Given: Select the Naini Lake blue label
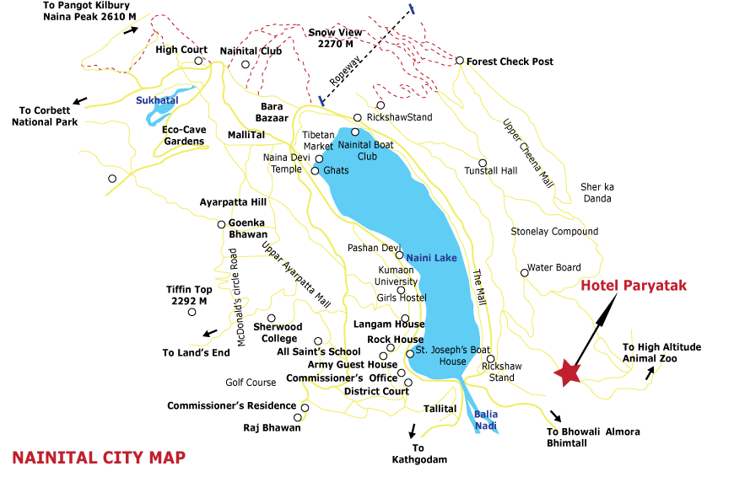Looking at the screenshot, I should tap(431, 258).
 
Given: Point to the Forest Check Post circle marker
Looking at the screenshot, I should tap(460, 61).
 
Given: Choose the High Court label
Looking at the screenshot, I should tap(181, 50).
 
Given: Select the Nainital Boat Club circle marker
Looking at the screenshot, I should tap(355, 131).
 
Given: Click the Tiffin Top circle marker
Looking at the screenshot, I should tap(192, 313).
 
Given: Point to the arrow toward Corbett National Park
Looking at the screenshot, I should tap(79, 101).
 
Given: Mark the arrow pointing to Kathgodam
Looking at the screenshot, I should tap(413, 429).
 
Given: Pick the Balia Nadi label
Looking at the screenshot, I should tap(486, 419).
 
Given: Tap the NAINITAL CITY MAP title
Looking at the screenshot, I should tap(99, 458).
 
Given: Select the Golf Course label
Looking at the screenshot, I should tap(251, 383).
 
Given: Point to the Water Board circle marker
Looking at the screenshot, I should tap(524, 272).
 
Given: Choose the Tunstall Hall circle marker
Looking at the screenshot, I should tap(483, 163).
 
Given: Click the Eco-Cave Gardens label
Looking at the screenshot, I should tap(184, 136).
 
